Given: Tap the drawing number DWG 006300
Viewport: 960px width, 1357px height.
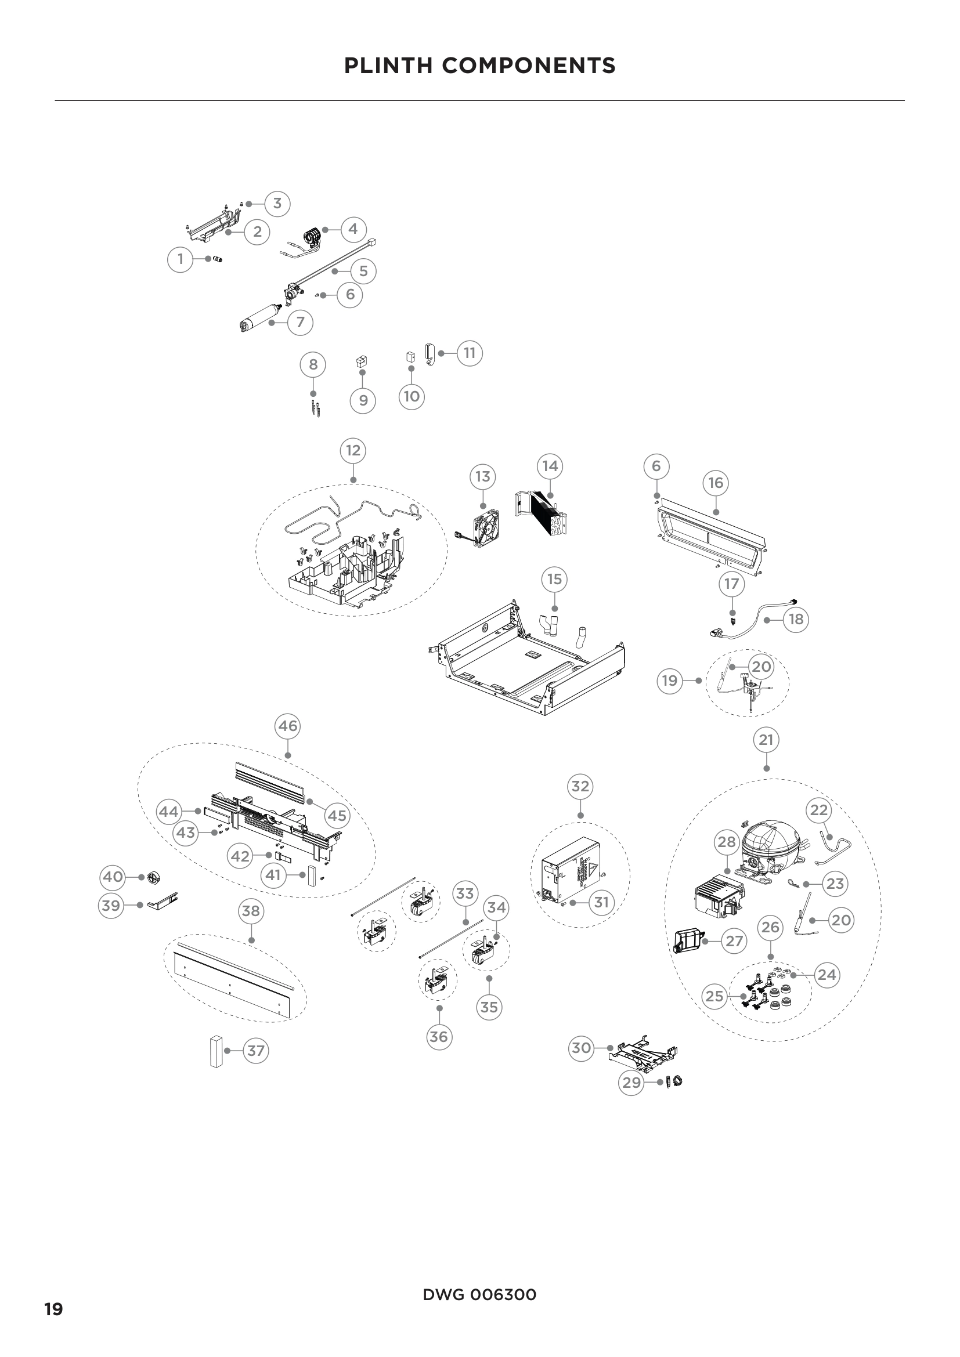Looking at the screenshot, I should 479,1295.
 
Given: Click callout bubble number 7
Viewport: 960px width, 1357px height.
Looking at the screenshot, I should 300,322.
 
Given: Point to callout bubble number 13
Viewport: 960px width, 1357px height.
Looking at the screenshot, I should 483,476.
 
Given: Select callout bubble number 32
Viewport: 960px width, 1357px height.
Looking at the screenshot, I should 580,786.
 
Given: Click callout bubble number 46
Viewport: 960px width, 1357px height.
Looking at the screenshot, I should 287,726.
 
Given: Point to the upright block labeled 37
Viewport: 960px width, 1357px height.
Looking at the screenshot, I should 215,1051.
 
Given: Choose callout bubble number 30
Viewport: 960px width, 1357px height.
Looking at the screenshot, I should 582,1048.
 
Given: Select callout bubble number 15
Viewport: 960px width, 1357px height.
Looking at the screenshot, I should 554,579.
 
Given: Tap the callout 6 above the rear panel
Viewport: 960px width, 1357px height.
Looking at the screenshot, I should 656,466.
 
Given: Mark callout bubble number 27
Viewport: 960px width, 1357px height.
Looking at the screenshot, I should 734,940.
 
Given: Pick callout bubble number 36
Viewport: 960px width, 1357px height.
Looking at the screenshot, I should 439,1037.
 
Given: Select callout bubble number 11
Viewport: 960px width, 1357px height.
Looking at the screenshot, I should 470,353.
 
